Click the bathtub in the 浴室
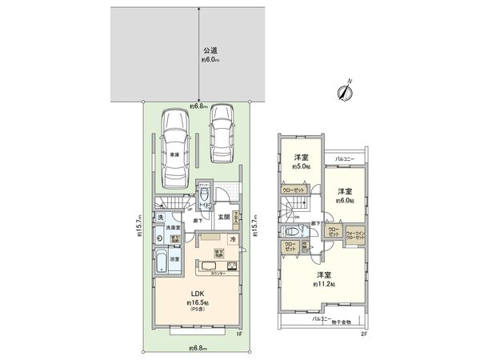tap(160, 260)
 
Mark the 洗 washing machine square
tap(160, 218)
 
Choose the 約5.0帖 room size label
tap(301, 167)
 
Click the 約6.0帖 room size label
tap(345, 201)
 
